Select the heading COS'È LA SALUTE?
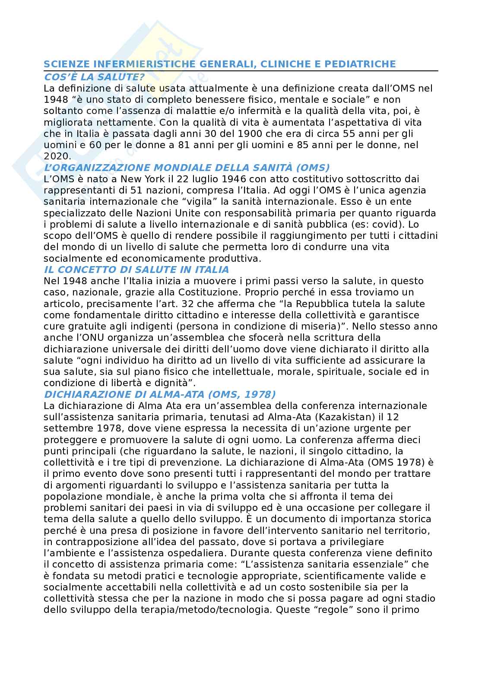[x=94, y=77]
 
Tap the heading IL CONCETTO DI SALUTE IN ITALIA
[x=136, y=270]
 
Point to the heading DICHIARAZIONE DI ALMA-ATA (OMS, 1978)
[x=160, y=394]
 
